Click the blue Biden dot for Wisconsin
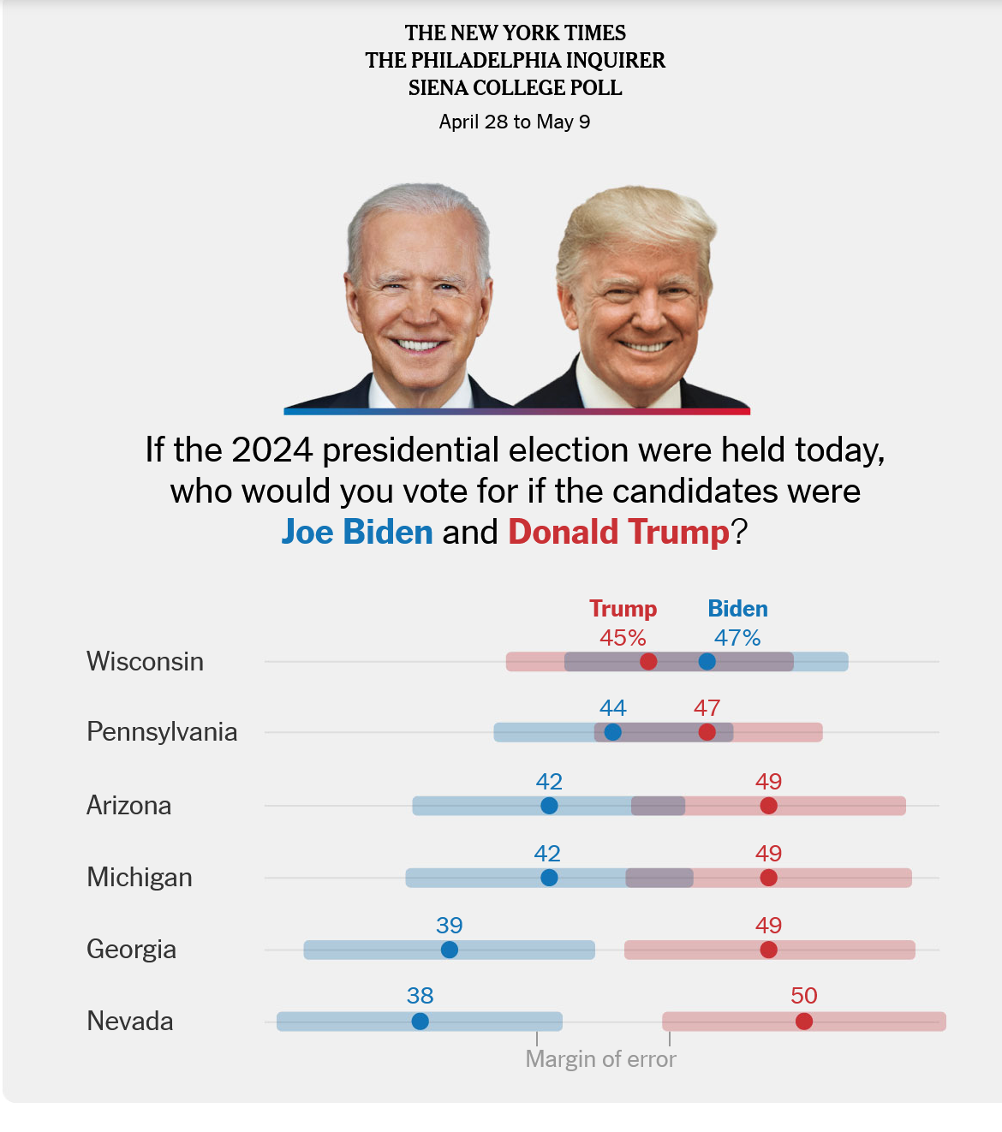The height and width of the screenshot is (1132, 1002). click(x=707, y=662)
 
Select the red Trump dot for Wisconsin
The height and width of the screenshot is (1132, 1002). click(x=648, y=662)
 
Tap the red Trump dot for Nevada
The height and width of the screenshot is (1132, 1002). click(x=803, y=1022)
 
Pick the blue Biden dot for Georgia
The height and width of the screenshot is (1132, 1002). click(x=449, y=950)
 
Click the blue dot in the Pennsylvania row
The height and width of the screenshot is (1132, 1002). click(x=612, y=732)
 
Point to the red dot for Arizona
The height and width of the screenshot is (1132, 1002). click(x=768, y=806)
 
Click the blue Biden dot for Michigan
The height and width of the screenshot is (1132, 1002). click(x=549, y=878)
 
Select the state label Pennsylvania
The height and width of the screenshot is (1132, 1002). click(x=162, y=732)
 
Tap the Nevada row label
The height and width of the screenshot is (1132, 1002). click(x=130, y=1022)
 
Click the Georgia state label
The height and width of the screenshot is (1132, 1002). click(x=131, y=950)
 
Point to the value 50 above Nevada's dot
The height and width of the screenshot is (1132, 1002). click(x=803, y=996)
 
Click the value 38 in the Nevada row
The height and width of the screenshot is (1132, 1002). click(x=420, y=996)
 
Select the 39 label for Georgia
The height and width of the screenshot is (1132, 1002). click(x=449, y=926)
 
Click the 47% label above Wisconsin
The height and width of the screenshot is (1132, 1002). click(x=737, y=638)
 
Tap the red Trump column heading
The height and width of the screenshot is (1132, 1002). click(x=623, y=609)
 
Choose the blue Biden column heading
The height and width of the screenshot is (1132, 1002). click(x=737, y=609)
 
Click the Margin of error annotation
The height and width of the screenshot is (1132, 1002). click(x=600, y=1059)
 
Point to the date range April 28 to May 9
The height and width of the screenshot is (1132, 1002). click(x=515, y=122)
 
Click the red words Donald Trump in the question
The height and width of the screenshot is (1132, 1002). click(x=618, y=532)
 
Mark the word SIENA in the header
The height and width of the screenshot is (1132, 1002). click(x=438, y=88)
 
